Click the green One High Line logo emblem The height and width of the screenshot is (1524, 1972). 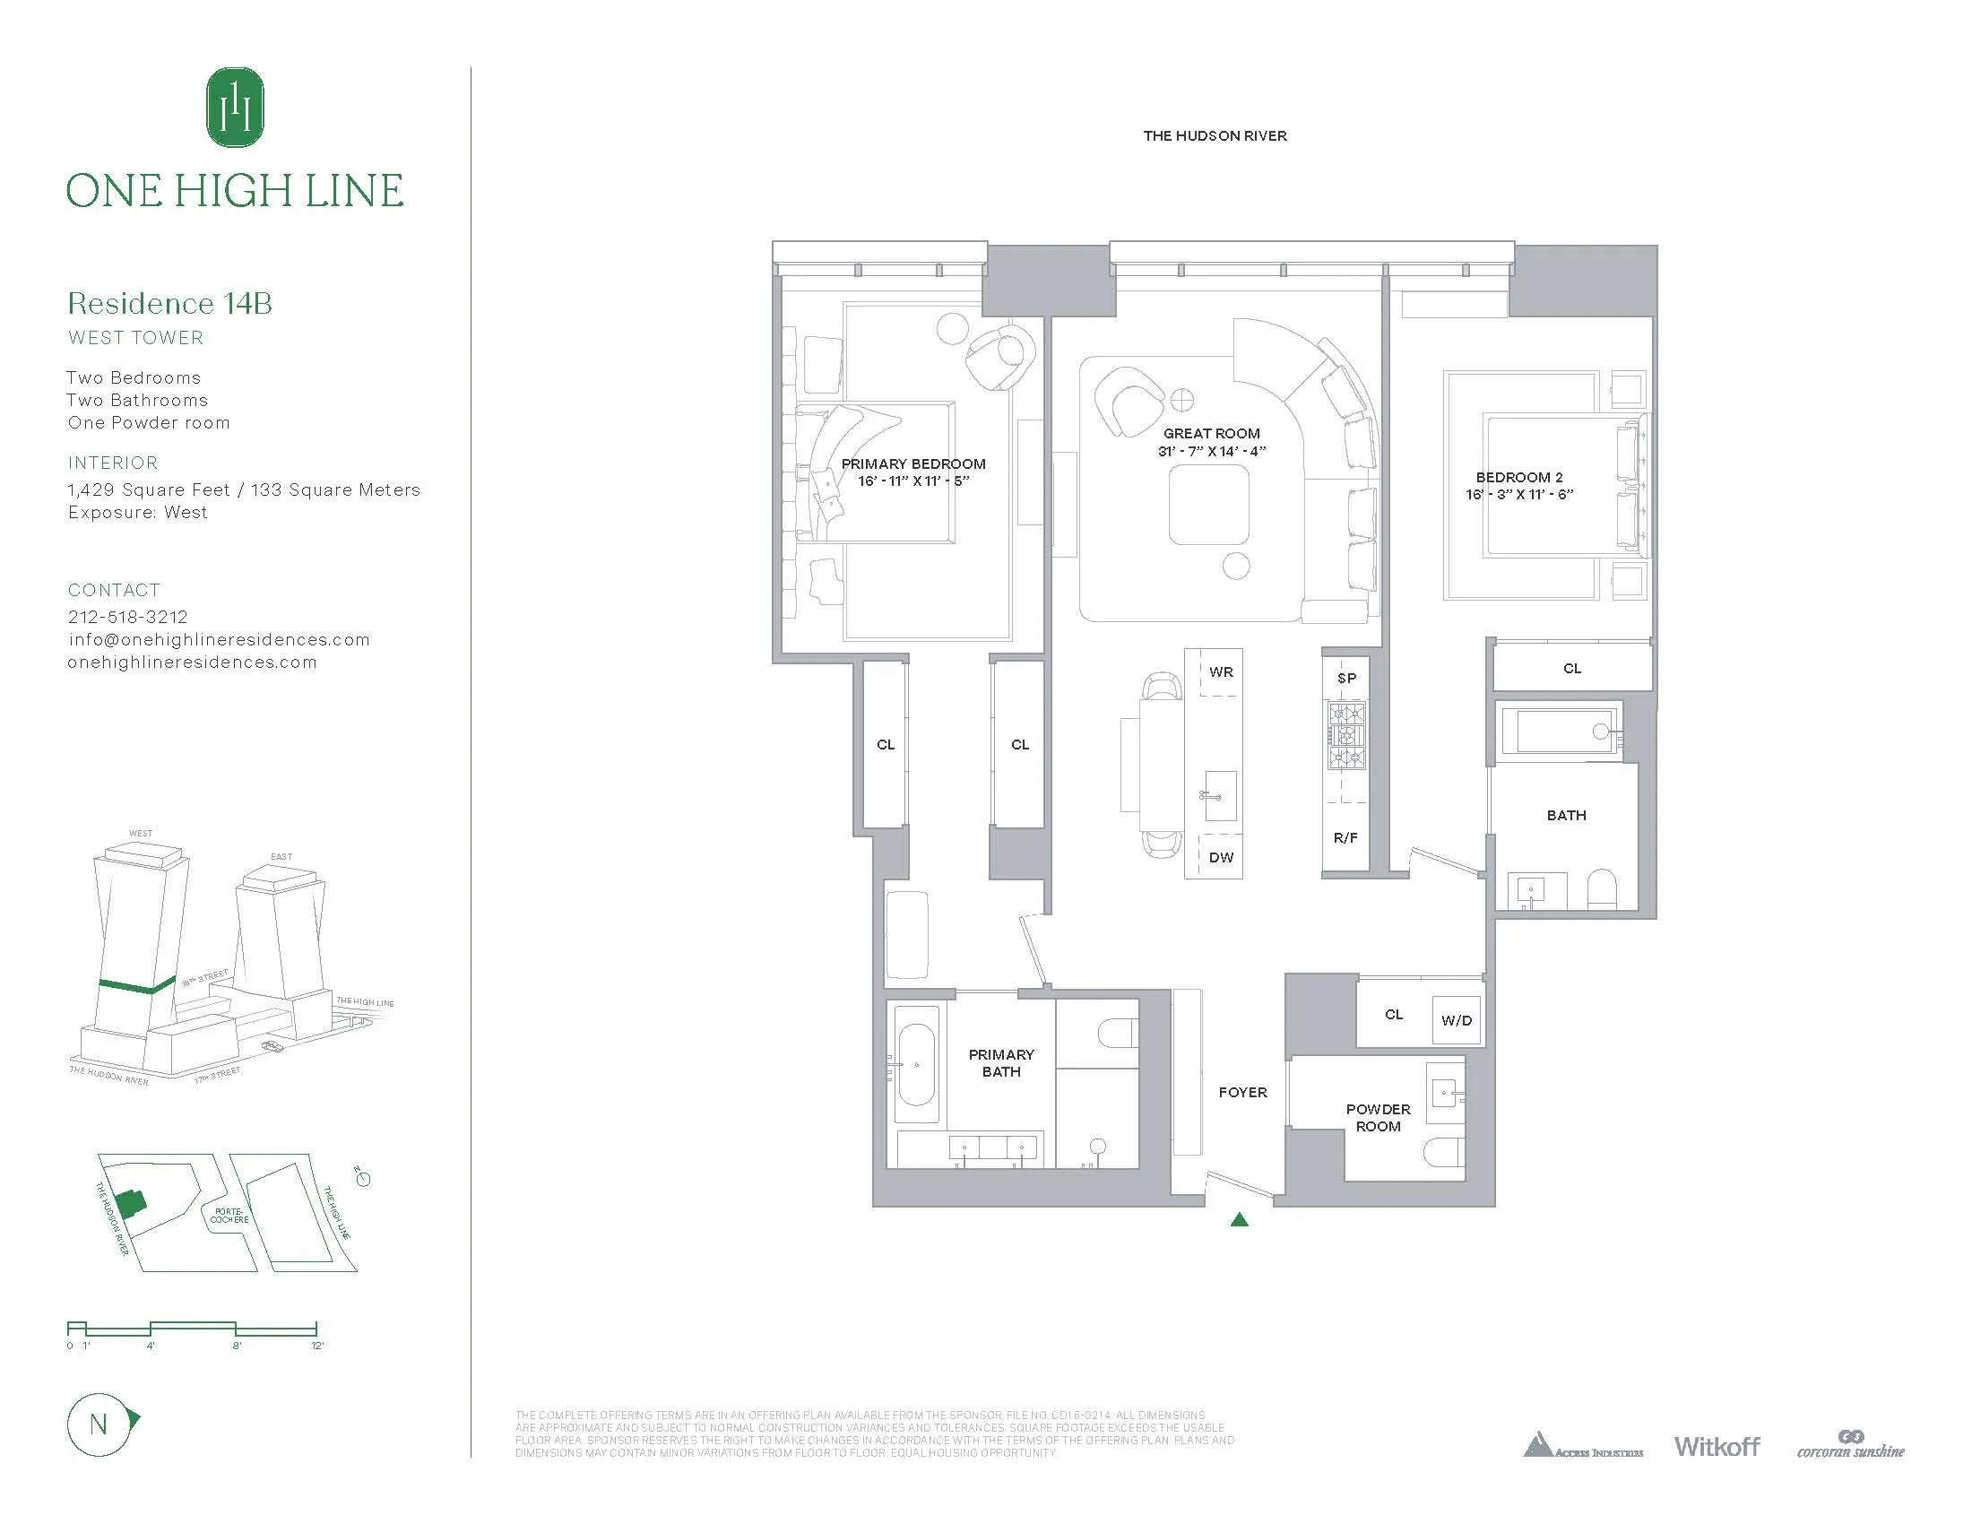[235, 108]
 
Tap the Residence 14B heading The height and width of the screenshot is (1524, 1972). [169, 303]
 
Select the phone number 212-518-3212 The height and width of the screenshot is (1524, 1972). [128, 617]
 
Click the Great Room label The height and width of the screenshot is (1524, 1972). [1211, 433]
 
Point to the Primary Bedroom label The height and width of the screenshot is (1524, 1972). [912, 464]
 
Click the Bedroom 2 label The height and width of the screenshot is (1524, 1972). [1518, 477]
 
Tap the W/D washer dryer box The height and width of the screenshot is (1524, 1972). [1457, 1020]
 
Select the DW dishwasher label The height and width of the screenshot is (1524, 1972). [1221, 857]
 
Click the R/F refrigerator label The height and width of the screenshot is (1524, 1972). [1345, 837]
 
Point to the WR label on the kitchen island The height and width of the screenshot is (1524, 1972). [1221, 671]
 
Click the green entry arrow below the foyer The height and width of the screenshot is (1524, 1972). [1240, 1220]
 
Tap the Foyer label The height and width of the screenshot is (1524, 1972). [1242, 1092]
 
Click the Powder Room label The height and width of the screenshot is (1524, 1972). [1378, 1117]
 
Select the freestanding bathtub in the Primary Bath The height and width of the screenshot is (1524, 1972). [916, 1065]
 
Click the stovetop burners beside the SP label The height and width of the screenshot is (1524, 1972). [1346, 736]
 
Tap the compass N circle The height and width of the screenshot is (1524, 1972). [99, 1424]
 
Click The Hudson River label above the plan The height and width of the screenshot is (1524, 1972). [1215, 135]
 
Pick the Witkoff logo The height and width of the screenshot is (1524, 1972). [1717, 1446]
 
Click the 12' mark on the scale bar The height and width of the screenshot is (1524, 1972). [317, 1346]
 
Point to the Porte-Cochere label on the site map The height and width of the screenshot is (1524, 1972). [229, 1216]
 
